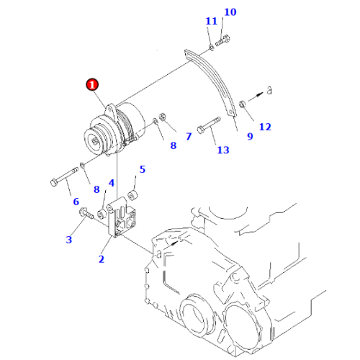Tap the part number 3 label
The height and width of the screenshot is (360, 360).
tap(69, 239)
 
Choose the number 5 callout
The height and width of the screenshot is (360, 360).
tap(142, 170)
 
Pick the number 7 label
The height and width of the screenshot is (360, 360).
tap(188, 135)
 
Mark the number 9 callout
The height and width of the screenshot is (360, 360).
tap(250, 135)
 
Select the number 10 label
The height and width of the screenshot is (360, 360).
tap(230, 12)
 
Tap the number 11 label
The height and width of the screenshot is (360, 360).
tap(210, 22)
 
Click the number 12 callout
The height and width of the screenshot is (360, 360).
tap(265, 127)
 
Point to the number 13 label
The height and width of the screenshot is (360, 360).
tap(222, 150)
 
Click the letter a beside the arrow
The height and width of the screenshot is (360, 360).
tap(269, 91)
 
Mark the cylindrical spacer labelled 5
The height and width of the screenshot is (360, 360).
tap(132, 194)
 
